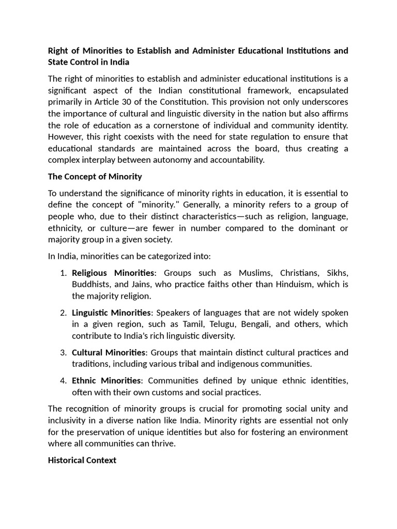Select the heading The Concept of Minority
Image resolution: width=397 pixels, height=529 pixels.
click(x=95, y=177)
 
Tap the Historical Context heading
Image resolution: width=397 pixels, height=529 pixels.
click(x=82, y=460)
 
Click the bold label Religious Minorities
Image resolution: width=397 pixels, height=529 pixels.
click(x=113, y=273)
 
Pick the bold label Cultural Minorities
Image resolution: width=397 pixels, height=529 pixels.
click(x=109, y=352)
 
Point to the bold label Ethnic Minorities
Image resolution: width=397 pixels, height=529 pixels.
click(x=106, y=381)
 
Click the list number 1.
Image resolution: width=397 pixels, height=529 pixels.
click(x=63, y=273)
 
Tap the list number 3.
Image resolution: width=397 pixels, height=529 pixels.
click(x=63, y=352)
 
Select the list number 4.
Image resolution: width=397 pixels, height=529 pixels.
click(x=63, y=381)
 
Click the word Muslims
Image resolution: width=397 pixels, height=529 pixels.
click(x=255, y=273)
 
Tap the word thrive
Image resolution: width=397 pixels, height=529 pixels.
click(x=164, y=444)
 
